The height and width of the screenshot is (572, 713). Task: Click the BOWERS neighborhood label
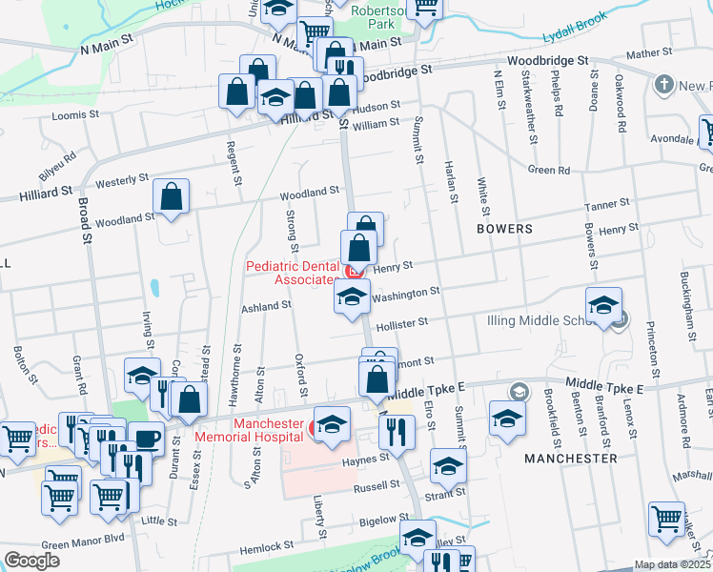(x=506, y=230)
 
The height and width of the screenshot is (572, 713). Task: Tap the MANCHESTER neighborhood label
(x=570, y=459)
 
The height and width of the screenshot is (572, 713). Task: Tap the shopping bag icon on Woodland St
(x=172, y=197)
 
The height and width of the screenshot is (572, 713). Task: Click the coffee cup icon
(x=146, y=438)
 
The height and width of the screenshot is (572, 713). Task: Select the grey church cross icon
(x=663, y=86)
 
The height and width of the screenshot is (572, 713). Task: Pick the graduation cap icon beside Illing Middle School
(x=603, y=306)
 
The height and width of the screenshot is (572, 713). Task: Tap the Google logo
(x=32, y=561)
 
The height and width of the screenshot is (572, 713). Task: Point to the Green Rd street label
(x=549, y=171)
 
